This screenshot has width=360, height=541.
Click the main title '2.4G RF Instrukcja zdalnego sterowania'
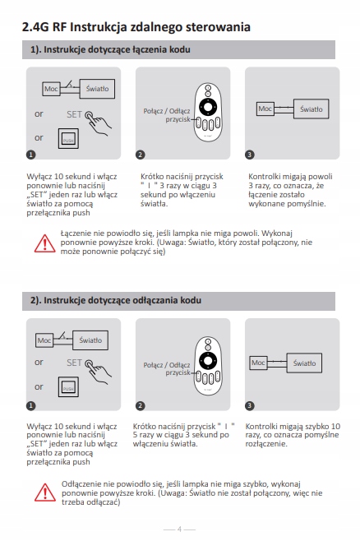[x=136, y=27]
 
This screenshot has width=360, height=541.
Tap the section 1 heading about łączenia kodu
[x=110, y=49]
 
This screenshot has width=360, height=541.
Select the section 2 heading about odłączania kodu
[x=116, y=300]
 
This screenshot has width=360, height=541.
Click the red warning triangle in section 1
[x=44, y=243]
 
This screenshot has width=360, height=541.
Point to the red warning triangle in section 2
[x=45, y=492]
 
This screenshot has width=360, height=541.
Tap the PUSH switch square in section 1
[x=68, y=139]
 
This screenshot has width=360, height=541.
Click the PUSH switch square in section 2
[x=68, y=387]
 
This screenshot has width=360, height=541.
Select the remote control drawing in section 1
[x=208, y=112]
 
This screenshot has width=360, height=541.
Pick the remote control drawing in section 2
[x=208, y=366]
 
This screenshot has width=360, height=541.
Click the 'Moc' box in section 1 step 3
[x=265, y=109]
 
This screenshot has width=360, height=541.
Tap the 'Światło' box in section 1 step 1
[x=97, y=89]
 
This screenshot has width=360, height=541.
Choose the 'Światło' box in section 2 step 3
[x=304, y=363]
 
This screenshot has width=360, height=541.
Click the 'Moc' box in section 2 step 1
[x=44, y=340]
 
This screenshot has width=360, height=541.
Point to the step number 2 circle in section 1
[x=140, y=155]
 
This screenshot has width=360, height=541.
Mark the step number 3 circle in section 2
[x=250, y=406]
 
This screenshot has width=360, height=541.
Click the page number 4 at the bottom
[x=179, y=529]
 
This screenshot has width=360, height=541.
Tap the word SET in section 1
[x=74, y=114]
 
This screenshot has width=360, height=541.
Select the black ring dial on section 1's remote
[x=208, y=106]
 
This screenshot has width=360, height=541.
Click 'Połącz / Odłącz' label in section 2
[x=167, y=365]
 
